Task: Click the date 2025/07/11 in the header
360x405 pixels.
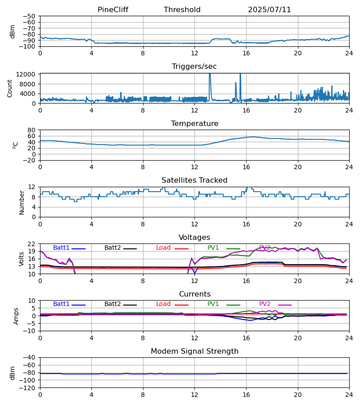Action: coord(270,10)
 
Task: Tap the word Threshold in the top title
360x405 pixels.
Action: coord(182,10)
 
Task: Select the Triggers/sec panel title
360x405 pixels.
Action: coord(194,67)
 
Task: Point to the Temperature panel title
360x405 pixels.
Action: coord(194,124)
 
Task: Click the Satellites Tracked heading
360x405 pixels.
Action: coord(194,180)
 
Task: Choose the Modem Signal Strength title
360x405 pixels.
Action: coord(194,351)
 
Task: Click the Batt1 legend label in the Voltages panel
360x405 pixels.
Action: coord(61,248)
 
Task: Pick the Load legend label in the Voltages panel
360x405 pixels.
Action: coord(163,248)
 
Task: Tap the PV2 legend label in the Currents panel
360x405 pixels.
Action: coord(265,304)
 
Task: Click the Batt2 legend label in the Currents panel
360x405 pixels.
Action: coord(112,304)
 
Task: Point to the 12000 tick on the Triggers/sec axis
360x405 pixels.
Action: coord(28,74)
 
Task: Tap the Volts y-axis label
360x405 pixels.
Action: coord(22,259)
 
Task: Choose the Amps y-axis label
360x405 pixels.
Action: coord(17,316)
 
